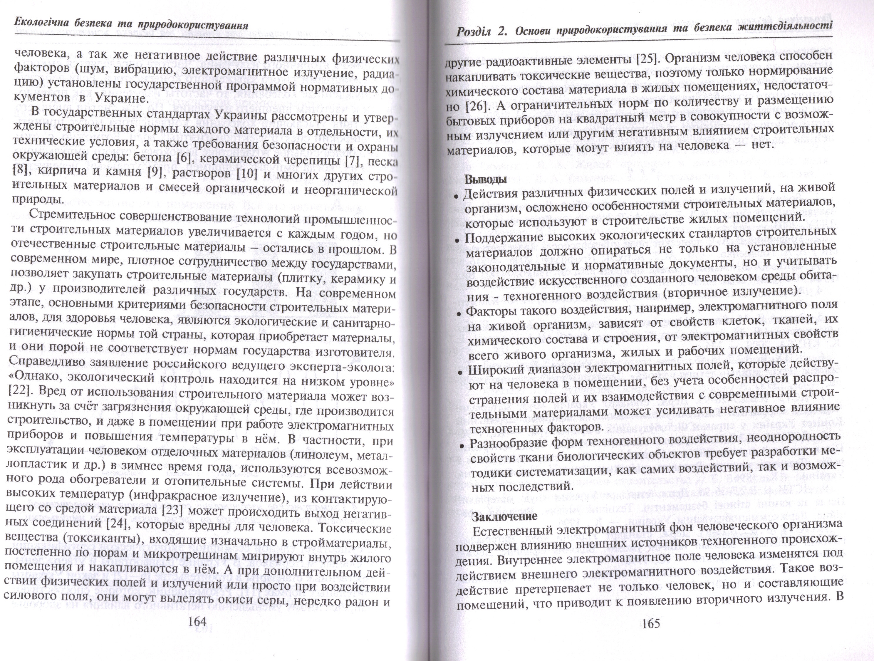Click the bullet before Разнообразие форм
462,445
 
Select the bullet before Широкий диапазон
460,373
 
